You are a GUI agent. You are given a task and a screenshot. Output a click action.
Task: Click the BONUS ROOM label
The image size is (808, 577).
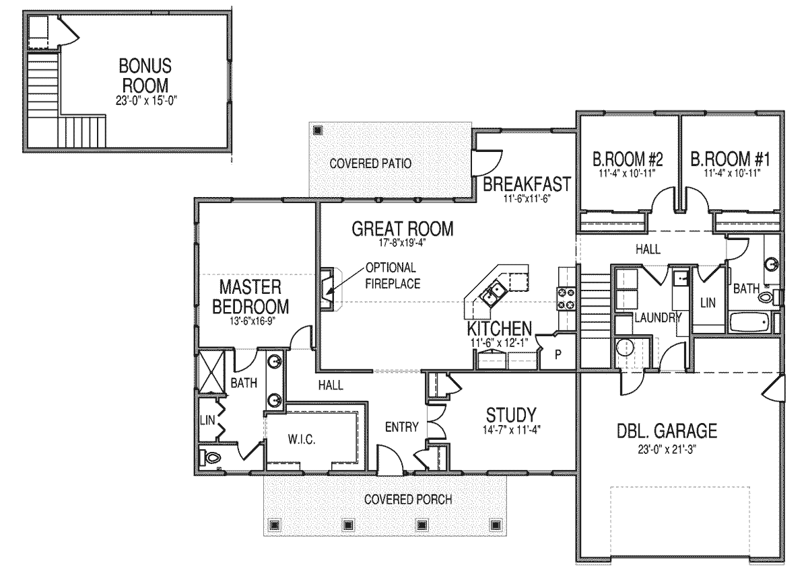coord(145,75)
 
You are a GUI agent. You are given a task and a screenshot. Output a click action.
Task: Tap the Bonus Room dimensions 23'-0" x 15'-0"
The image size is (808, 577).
coord(147,100)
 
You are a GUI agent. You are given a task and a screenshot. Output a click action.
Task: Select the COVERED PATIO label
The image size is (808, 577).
coord(370,163)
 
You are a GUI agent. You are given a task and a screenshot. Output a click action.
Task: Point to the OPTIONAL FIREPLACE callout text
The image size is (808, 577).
coord(393,276)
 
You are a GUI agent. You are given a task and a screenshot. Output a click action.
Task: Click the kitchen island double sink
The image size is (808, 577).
coord(493,293)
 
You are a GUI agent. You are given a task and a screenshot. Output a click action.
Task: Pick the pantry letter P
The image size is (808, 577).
coord(558,355)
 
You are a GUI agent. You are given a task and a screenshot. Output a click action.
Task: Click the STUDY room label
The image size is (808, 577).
coord(511,415)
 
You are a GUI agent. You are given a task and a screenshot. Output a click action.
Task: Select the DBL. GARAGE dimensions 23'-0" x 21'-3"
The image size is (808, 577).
coord(667,449)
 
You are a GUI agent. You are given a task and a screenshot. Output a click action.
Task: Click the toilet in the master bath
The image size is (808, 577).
coord(210,458)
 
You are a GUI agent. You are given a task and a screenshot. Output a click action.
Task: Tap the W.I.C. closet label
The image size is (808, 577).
coord(302,439)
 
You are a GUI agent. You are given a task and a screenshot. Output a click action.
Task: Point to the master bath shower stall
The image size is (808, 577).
coord(211,371)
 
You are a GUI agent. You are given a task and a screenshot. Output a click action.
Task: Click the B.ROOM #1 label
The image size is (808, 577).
coord(731,159)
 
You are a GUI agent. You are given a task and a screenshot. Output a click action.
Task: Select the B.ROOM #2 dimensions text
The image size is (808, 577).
coord(627,174)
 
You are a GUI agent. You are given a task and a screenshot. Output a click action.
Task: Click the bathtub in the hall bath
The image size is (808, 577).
coord(750,322)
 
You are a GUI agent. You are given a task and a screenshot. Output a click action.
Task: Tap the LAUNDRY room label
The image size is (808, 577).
coord(658,317)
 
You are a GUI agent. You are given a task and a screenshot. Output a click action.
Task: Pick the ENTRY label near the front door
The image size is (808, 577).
coord(402,427)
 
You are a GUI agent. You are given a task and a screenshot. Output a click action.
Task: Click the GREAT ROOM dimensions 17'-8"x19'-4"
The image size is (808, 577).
coord(402,243)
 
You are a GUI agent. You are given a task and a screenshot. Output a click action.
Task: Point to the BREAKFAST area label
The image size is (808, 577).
coord(527,184)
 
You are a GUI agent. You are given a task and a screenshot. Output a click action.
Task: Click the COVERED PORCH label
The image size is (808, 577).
coord(408,500)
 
